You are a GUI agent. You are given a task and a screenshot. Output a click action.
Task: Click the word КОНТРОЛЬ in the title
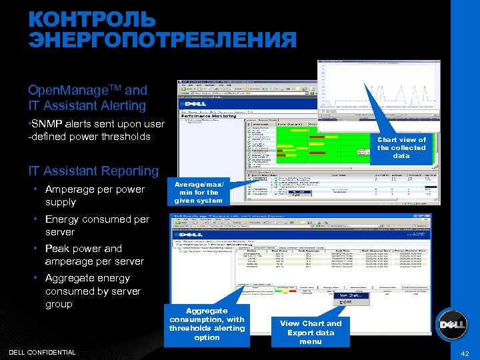(91, 19)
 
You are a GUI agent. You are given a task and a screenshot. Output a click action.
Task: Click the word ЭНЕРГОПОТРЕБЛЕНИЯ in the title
(162, 40)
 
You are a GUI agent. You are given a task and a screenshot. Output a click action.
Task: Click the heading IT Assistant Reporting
(93, 171)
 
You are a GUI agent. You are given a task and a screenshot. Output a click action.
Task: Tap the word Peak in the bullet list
(57, 249)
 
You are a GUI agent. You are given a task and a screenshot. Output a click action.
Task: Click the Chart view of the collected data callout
(401, 147)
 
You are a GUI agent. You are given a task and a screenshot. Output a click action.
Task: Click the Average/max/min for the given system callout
(199, 191)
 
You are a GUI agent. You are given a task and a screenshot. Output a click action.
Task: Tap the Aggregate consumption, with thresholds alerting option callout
(207, 324)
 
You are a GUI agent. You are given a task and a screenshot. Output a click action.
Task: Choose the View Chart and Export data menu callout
(311, 332)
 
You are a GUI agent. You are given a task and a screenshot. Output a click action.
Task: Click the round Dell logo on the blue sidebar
(451, 325)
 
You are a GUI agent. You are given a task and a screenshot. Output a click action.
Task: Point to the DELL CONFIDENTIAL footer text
(42, 352)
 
